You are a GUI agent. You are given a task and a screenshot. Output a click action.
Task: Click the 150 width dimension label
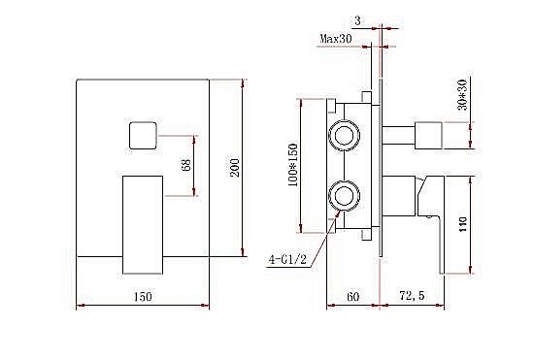coord(143,296)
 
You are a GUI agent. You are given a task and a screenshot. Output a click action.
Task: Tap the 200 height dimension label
coord(235,167)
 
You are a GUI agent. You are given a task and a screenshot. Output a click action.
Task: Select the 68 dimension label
coord(186,165)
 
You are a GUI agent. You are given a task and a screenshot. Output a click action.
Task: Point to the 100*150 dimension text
coord(293,165)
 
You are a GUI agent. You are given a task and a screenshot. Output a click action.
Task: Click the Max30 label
coord(336,39)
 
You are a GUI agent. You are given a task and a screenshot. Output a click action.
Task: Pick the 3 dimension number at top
coord(357,20)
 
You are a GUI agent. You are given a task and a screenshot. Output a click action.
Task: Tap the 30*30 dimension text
coord(463,94)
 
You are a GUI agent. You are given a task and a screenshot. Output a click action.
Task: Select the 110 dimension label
coord(463,224)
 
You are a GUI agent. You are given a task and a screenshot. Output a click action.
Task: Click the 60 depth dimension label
coord(352,296)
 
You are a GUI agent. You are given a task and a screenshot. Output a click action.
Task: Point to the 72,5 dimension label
coord(412,295)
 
